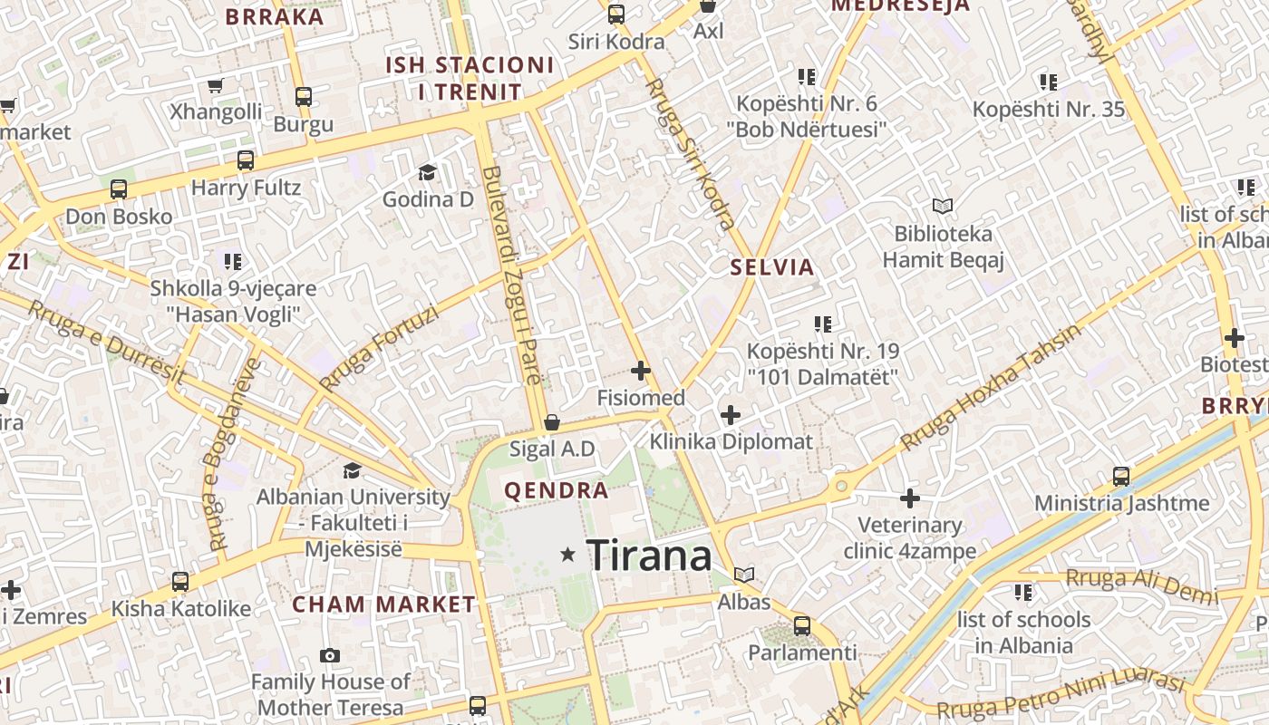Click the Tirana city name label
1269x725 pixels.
(649, 555)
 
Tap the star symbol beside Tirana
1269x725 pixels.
(568, 554)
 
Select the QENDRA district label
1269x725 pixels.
(556, 491)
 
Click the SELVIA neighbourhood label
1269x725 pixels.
(772, 267)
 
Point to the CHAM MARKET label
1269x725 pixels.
(383, 604)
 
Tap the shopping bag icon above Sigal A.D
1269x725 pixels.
(551, 422)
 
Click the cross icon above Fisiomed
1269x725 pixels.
(641, 371)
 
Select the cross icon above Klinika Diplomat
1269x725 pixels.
(731, 415)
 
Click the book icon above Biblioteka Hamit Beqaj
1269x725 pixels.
(943, 207)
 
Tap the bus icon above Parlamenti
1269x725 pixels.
(801, 625)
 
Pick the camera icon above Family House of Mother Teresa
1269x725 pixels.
(330, 655)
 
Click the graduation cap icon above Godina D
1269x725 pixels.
(427, 172)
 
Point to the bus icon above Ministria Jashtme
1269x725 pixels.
(1121, 477)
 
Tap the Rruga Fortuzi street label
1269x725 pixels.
(379, 348)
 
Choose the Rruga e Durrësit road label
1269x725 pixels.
(105, 341)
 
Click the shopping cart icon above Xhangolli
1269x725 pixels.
(216, 86)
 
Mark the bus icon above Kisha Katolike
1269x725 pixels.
(180, 582)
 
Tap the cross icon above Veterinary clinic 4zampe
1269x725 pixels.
(910, 498)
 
